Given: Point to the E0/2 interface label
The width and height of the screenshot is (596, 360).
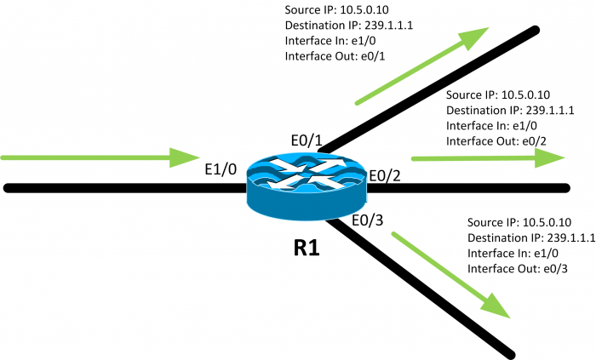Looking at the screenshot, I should [x=386, y=176].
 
